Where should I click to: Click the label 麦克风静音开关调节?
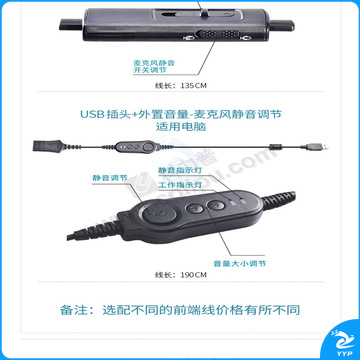click(154, 67)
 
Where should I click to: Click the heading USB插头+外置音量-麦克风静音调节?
click(180, 114)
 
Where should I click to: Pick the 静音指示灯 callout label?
click(175, 170)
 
